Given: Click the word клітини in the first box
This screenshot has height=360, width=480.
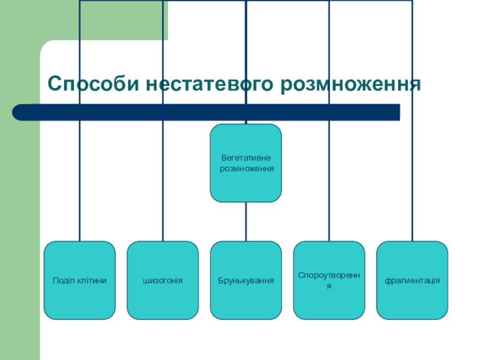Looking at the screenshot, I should point(94,280).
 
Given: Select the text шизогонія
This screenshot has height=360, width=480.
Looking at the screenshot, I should point(163,280).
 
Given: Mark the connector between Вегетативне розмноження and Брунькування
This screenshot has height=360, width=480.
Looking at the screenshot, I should point(246,221).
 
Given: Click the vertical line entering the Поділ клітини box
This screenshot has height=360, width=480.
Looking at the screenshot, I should point(80,180).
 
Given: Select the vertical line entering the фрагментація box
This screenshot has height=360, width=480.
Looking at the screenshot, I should point(412,180).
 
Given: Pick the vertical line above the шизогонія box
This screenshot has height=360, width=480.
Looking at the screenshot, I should point(163,180).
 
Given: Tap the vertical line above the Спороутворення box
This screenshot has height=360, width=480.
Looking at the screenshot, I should point(329,180).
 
